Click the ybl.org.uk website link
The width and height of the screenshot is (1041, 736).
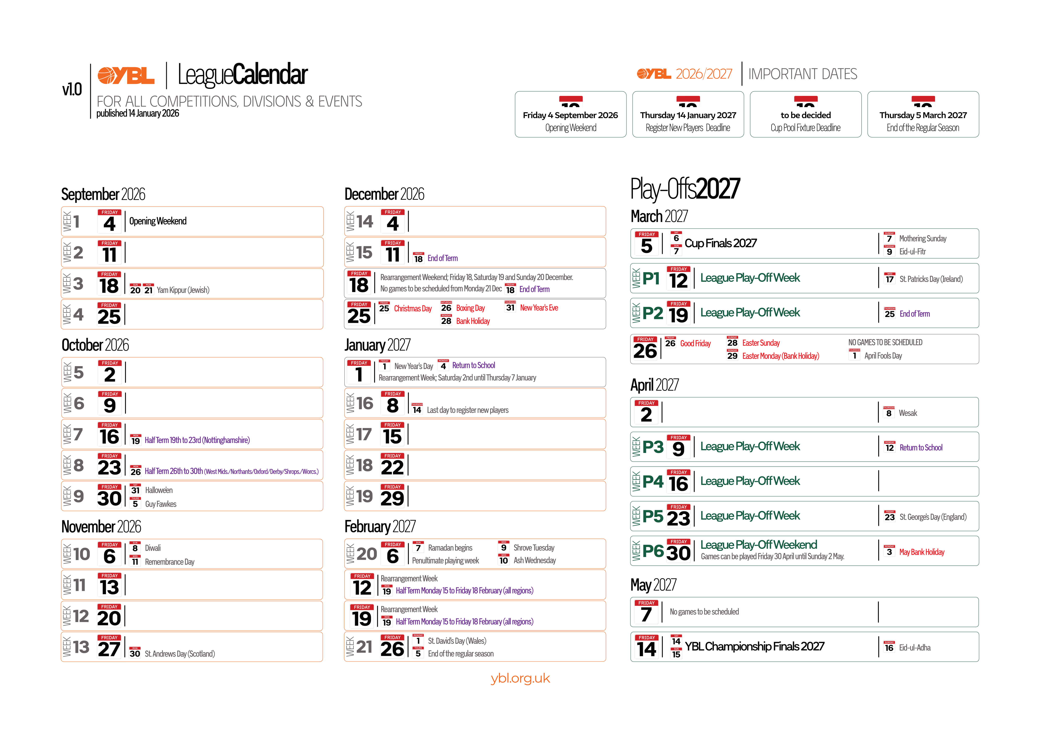pyautogui.click(x=520, y=679)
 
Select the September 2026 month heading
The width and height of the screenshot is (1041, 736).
pyautogui.click(x=103, y=194)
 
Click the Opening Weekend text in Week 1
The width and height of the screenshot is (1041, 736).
pyautogui.click(x=158, y=221)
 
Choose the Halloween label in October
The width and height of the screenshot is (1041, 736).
pyautogui.click(x=159, y=490)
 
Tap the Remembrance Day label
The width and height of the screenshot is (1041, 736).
pyautogui.click(x=170, y=562)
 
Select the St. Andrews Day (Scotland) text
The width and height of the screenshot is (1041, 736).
pyautogui.click(x=180, y=654)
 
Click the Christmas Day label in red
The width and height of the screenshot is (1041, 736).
pyautogui.click(x=413, y=309)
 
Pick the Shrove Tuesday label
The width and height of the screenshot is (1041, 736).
pyautogui.click(x=534, y=548)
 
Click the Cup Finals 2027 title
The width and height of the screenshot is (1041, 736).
pyautogui.click(x=720, y=243)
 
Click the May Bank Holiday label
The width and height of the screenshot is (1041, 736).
pyautogui.click(x=922, y=552)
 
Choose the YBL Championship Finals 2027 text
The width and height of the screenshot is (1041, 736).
pyautogui.click(x=754, y=647)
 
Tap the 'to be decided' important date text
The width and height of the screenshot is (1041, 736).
pyautogui.click(x=806, y=115)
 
